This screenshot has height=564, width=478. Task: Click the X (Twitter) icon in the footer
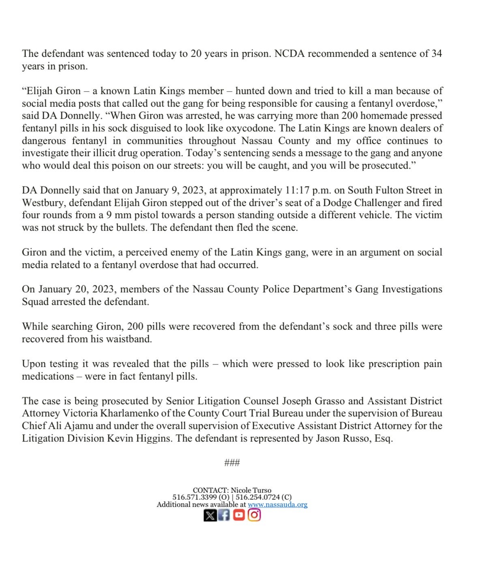point(210,515)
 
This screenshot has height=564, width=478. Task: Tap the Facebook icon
point(224,515)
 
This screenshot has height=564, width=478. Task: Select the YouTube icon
point(239,515)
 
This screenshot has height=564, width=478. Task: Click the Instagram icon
point(254,515)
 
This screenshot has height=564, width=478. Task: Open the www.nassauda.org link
point(277,505)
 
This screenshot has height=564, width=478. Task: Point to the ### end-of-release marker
point(232,463)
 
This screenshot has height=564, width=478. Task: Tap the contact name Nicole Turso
point(251,491)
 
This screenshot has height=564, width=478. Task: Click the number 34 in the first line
point(436,54)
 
